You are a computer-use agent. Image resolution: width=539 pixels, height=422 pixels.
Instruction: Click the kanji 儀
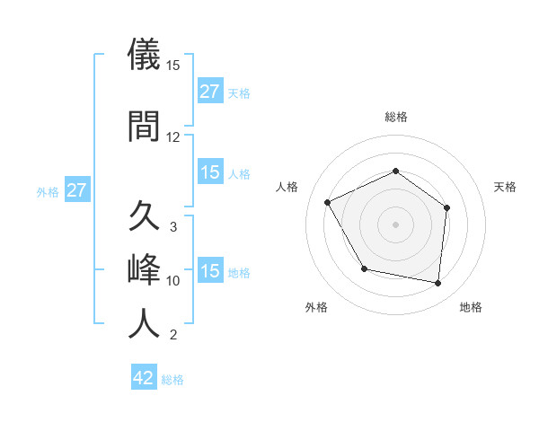coord(146,56)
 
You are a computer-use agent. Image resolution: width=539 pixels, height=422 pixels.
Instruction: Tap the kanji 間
coord(146,127)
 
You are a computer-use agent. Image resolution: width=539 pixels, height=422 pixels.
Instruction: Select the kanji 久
coord(146,218)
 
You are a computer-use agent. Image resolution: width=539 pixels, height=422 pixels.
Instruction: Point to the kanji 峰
coord(146,270)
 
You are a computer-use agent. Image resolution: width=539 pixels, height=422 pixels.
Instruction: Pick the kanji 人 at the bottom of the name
coord(146,324)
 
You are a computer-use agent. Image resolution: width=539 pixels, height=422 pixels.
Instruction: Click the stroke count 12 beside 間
coord(173,137)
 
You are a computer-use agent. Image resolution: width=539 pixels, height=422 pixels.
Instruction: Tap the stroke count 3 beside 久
coord(173,227)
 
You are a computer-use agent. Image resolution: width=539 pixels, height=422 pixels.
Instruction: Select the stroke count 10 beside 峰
coord(173,281)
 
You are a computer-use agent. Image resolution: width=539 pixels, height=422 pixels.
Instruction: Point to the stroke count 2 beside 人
coord(173,336)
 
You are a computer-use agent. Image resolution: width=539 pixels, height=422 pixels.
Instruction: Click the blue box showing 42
coord(144,378)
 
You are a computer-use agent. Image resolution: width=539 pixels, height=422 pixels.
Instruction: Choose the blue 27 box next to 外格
coord(76,191)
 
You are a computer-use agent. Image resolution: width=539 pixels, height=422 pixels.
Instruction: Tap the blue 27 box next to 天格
coord(210,92)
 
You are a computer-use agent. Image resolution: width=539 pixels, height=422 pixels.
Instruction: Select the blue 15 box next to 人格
coord(210,172)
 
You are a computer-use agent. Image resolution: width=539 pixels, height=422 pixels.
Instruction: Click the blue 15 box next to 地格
coord(210,271)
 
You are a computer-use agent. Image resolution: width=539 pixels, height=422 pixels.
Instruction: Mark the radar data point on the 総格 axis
coord(395,171)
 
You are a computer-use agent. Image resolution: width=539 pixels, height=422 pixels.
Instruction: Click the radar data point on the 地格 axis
coord(438,283)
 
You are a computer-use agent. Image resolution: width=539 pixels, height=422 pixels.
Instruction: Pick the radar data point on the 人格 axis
coord(328,203)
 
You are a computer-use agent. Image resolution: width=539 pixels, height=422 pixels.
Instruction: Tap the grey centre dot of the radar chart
coord(395,224)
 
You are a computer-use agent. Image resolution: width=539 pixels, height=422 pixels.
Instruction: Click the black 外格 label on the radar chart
coord(316,307)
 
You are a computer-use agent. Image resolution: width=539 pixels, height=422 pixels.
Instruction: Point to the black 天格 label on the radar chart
coord(506,187)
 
